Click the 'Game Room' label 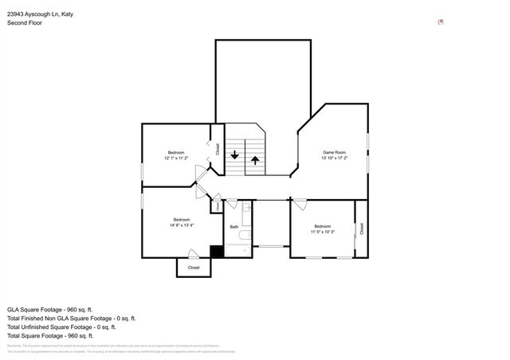(x=334, y=152)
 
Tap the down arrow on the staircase (x=234, y=156)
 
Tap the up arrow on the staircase (x=255, y=159)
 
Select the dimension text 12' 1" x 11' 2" (x=175, y=158)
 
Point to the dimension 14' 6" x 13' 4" (x=182, y=225)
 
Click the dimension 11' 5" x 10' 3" (x=323, y=232)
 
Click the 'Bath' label (x=234, y=227)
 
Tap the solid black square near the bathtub (x=215, y=252)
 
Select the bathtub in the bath (x=237, y=251)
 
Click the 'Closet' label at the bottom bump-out (x=194, y=268)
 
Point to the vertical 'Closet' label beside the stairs (x=217, y=148)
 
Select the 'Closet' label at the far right (x=362, y=228)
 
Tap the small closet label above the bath (x=217, y=206)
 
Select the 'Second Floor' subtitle (x=25, y=23)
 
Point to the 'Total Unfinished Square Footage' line (x=61, y=327)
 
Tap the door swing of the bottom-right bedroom (x=300, y=205)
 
